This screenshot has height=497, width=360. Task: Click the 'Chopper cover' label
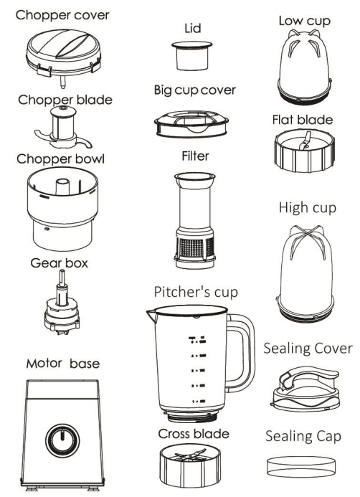[63, 14]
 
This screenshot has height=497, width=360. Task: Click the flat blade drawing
[303, 148]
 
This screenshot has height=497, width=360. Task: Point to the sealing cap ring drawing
[299, 465]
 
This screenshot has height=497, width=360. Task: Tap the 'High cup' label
[303, 208]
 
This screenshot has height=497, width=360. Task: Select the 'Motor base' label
[63, 364]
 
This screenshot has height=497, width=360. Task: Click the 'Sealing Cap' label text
[303, 436]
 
